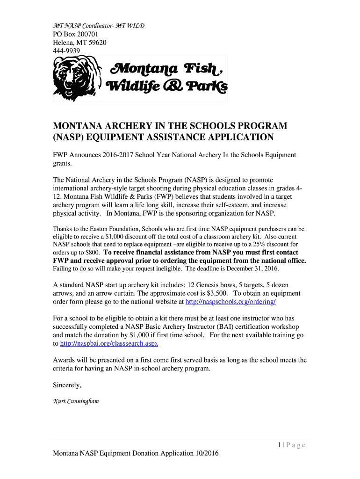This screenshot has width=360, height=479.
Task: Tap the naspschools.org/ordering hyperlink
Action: [x=230, y=302]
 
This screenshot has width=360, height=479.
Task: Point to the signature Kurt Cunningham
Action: [x=76, y=401]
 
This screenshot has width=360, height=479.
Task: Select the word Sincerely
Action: [x=67, y=385]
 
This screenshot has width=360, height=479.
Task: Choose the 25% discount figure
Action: [x=252, y=244]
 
